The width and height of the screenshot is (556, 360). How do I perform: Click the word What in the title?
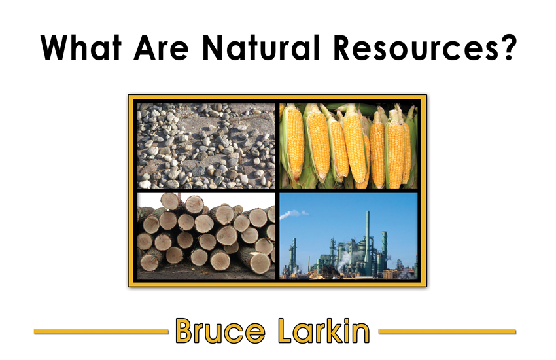(x=81, y=48)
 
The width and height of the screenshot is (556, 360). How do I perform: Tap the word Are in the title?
(x=161, y=48)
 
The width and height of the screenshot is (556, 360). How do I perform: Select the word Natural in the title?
(x=261, y=48)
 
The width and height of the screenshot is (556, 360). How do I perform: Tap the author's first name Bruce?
(x=220, y=331)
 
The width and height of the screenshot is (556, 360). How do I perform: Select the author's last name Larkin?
(x=324, y=331)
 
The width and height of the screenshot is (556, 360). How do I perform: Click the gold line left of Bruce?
(x=101, y=332)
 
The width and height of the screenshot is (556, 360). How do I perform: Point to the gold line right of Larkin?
(x=447, y=332)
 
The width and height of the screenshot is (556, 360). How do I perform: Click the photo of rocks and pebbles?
(x=206, y=146)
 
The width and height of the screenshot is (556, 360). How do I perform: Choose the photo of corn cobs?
(x=349, y=146)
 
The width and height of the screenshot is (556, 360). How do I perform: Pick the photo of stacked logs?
(x=206, y=236)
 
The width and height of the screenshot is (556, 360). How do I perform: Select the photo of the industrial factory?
(x=349, y=236)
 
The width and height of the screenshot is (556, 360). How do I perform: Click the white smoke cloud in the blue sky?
(x=294, y=214)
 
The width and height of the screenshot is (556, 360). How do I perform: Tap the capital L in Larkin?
(x=287, y=331)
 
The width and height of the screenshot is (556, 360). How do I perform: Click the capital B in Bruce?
(x=185, y=331)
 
